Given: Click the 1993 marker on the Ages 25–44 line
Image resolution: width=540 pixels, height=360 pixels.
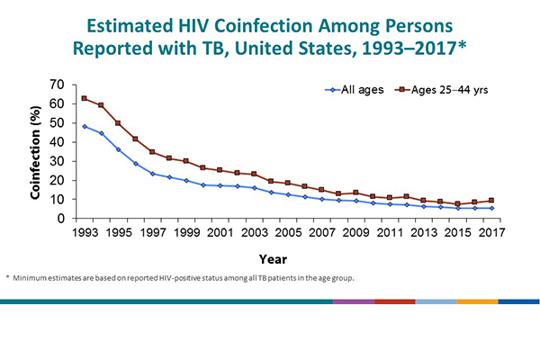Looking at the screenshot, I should click(84, 98).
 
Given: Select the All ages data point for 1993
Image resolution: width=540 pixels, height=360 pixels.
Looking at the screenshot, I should click(84, 126).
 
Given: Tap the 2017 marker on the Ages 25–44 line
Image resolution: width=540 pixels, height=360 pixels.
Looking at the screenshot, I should click(490, 201).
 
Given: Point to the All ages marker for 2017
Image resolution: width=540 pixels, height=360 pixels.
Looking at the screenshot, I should click(490, 208).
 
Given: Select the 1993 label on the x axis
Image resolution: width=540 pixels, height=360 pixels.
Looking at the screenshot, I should click(84, 233).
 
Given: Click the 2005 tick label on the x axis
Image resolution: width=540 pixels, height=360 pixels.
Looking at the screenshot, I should click(287, 233).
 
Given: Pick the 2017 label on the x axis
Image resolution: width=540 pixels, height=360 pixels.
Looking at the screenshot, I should click(490, 233).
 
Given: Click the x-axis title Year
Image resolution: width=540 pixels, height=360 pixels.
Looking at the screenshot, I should click(286, 257).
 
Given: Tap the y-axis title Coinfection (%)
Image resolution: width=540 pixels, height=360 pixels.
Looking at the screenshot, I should click(35, 150).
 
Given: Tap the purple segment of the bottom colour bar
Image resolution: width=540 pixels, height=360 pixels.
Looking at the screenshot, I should click(353, 301).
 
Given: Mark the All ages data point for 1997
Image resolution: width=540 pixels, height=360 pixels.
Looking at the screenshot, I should click(151, 174).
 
